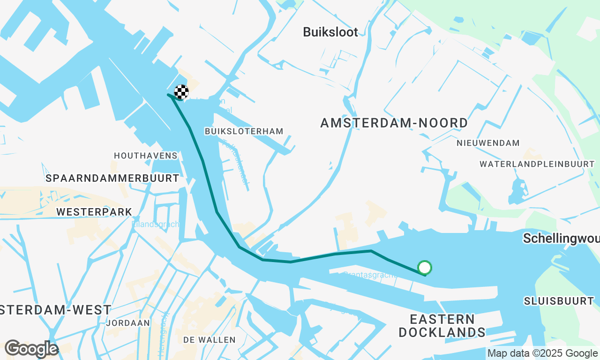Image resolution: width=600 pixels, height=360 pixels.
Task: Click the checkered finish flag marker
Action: (x=181, y=92)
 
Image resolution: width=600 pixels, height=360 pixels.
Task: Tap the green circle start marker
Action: (x=424, y=268)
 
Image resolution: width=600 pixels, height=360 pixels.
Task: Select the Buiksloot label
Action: (x=330, y=32)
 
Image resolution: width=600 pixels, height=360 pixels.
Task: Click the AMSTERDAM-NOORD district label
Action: (x=394, y=123)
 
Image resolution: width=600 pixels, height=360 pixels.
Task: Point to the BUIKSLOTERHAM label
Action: (x=244, y=131)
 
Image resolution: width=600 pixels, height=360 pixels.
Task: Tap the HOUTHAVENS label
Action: (x=146, y=156)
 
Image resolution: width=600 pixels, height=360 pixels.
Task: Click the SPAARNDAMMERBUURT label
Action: (x=112, y=179)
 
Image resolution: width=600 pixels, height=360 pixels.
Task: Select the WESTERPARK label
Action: (x=94, y=212)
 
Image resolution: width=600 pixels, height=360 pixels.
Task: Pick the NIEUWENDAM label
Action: (x=488, y=143)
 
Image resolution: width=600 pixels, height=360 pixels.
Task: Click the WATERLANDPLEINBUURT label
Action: (x=537, y=165)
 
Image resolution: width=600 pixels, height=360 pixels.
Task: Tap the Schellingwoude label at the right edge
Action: (x=561, y=239)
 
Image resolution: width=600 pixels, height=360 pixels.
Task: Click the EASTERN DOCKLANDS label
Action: (x=442, y=326)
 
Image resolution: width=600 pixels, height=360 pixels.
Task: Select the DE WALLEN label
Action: (x=210, y=339)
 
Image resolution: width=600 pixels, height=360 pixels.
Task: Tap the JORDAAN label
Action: (x=128, y=323)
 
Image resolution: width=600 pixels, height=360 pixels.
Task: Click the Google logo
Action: (x=31, y=349)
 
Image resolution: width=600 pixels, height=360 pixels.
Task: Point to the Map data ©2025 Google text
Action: (x=542, y=353)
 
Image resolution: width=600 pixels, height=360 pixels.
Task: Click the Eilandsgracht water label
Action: (x=156, y=225)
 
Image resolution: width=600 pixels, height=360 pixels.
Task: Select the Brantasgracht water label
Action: (x=370, y=275)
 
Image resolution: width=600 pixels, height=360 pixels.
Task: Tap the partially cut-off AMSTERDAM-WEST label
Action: (x=55, y=310)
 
